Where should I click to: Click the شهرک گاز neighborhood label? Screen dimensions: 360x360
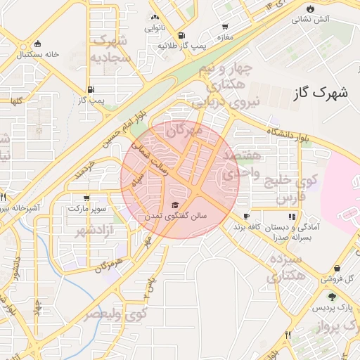pos(319,91)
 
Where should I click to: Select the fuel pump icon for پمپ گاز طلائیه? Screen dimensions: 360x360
pos(182,34)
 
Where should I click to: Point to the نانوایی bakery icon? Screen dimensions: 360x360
pos(155,17)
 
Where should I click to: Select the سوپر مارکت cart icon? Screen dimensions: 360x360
pos(86,198)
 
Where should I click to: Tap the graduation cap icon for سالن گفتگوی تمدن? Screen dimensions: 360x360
pos(174,205)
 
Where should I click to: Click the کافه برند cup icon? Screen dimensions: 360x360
pos(246,216)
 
